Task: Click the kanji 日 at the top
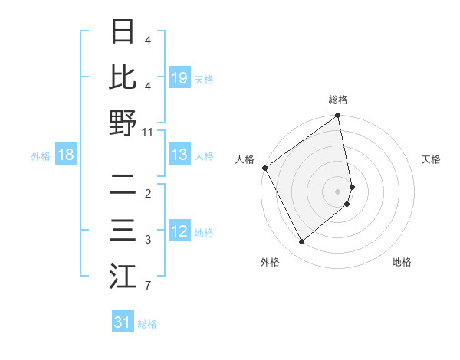point(123,32)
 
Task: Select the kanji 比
point(123,77)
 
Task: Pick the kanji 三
point(123,231)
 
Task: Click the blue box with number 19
point(179,77)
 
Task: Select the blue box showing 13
point(179,155)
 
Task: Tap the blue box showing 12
point(179,231)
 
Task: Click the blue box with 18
point(66,155)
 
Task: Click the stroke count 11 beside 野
point(148,132)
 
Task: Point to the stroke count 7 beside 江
point(148,286)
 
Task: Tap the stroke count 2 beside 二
point(148,194)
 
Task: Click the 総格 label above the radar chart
point(338,100)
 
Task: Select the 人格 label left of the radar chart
point(245,159)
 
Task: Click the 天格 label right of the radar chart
point(431,159)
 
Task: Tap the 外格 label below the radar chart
point(270,263)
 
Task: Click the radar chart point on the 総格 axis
point(338,116)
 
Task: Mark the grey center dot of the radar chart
point(338,191)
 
